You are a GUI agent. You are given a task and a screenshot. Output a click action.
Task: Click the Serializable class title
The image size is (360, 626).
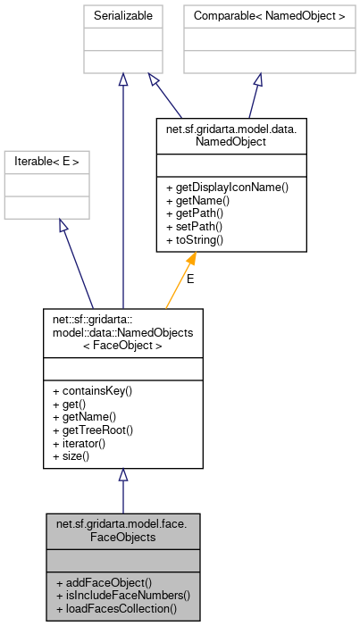point(123,16)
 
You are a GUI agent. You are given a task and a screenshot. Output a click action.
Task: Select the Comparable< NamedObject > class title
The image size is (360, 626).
point(257,16)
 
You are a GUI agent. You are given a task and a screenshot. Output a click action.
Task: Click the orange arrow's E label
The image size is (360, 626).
point(189,279)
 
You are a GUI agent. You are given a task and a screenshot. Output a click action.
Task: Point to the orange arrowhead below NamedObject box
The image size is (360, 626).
point(191,259)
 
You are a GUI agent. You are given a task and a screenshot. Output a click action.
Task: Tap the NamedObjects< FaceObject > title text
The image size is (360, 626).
point(123,332)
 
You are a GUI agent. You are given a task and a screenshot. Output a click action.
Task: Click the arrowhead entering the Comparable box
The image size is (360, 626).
point(257,79)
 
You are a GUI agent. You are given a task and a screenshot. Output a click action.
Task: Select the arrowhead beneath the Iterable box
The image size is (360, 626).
point(63,225)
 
